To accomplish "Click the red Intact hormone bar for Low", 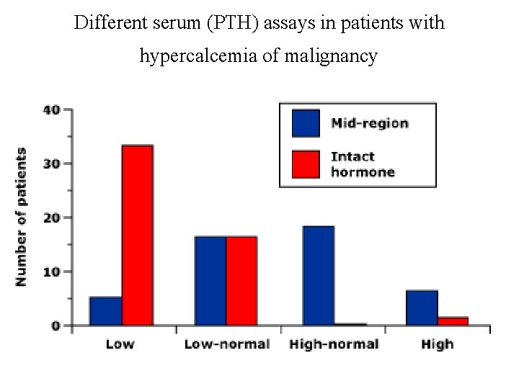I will tap(137, 236).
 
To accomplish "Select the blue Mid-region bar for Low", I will tap(105, 311).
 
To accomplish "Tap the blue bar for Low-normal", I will tap(210, 281).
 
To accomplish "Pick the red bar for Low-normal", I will tap(241, 281).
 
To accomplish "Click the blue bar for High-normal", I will tap(318, 276).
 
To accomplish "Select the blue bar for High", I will tap(422, 308).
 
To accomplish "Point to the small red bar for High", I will tap(453, 321).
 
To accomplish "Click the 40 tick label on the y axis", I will tap(51, 110).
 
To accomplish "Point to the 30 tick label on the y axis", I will tap(51, 164).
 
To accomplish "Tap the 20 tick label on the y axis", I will tap(51, 218).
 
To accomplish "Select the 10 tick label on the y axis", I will tap(51, 272).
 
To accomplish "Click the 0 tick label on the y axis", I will tap(56, 326).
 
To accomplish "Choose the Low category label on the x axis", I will tap(120, 344).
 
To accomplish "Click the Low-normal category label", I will tap(226, 344).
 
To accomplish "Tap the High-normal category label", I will tap(334, 344).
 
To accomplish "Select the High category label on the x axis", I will tap(438, 344).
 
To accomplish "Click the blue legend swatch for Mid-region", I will tap(306, 123).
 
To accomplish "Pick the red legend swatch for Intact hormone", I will tap(306, 164).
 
